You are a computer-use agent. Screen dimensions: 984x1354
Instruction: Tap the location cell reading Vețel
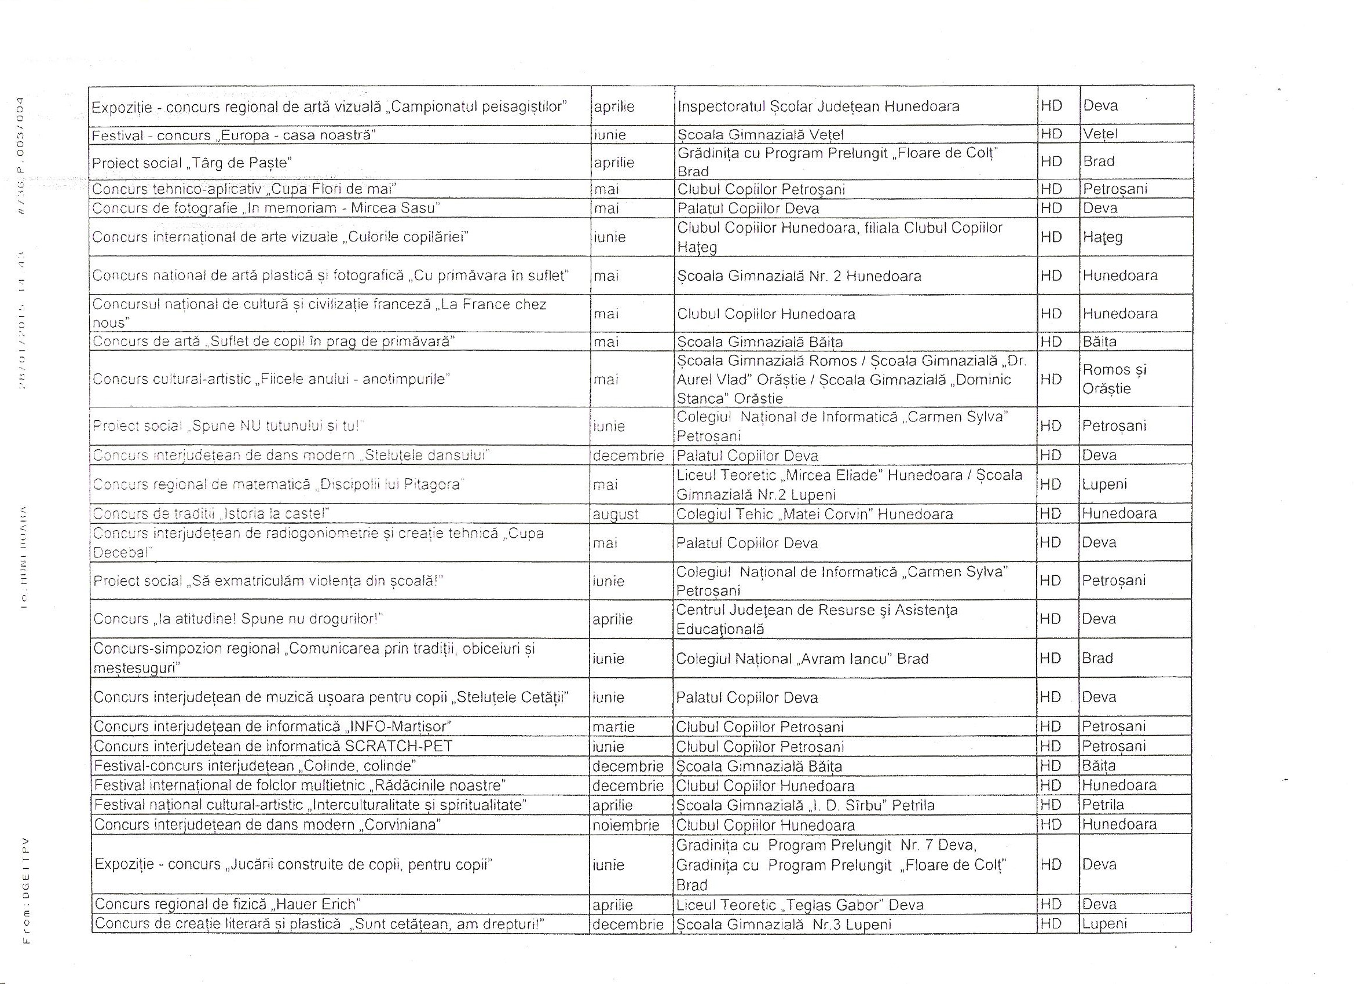[x=1100, y=134]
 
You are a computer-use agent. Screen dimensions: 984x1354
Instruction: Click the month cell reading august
[x=615, y=515]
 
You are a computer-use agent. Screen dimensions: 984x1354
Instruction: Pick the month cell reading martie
[x=613, y=727]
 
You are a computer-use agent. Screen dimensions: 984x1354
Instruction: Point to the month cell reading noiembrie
[x=625, y=825]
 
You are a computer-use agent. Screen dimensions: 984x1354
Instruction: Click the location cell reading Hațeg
[x=1103, y=237]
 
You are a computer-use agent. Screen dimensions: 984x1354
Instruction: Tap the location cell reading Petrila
[x=1103, y=805]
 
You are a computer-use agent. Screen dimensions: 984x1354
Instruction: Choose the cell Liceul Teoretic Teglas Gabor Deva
[x=799, y=905]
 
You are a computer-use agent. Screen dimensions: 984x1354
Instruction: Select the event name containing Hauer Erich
[x=228, y=905]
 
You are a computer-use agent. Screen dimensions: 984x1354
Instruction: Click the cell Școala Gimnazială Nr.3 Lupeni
[x=783, y=924]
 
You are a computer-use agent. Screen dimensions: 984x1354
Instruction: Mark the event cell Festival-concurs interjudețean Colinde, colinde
[x=255, y=766]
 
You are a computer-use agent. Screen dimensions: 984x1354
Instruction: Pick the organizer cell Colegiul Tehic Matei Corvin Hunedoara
[x=814, y=515]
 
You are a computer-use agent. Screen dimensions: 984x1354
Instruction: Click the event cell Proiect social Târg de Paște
[x=191, y=163]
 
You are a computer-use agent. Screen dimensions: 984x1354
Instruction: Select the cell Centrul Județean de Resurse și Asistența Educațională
[x=816, y=619]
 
